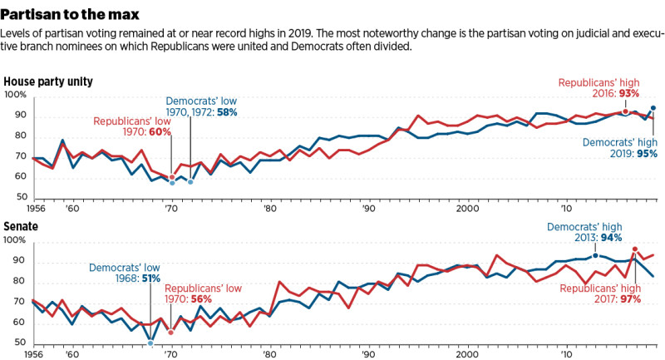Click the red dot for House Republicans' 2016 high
625,111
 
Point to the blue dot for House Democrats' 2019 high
653,108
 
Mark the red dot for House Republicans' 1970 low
172,177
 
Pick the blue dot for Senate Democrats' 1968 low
150,343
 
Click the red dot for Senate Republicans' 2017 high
635,249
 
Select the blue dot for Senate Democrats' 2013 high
595,255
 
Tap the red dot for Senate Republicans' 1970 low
171,333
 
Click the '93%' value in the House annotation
640,96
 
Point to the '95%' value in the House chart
643,154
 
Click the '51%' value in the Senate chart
150,279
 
